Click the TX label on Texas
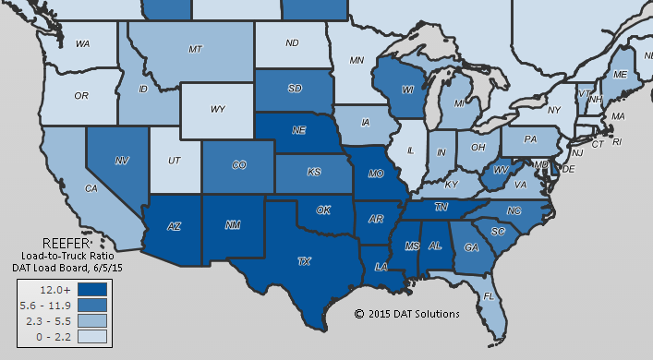click(304, 262)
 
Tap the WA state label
click(82, 43)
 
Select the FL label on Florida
click(487, 296)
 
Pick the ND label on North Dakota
click(292, 42)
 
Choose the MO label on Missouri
click(375, 173)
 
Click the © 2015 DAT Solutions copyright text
click(406, 314)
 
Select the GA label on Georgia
click(472, 246)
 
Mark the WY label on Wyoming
click(218, 109)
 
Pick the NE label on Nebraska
click(299, 131)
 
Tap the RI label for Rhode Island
click(618, 142)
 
